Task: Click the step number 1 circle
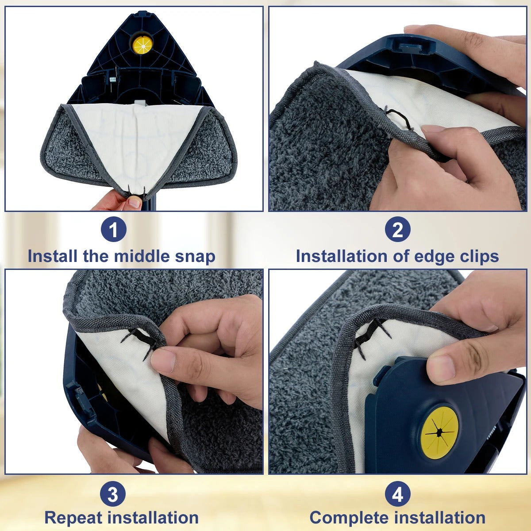pyautogui.click(x=113, y=230)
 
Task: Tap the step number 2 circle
pyautogui.click(x=397, y=230)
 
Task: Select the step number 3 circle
pyautogui.click(x=113, y=494)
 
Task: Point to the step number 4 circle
pyautogui.click(x=397, y=494)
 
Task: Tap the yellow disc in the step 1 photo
pyautogui.click(x=142, y=43)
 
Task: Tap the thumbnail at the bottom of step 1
pyautogui.click(x=134, y=203)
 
